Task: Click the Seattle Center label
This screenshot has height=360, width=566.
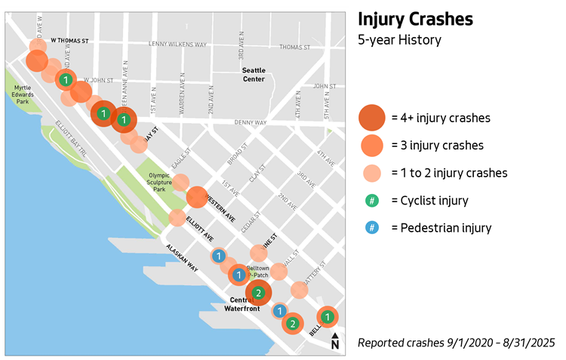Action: [254, 75]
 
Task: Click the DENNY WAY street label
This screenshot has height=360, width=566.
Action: [251, 122]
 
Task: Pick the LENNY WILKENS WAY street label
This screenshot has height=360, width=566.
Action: [178, 45]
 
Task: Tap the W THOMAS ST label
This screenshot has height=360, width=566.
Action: [70, 41]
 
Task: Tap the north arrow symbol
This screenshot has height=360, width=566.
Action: [335, 343]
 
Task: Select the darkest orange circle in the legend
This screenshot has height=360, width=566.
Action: [372, 118]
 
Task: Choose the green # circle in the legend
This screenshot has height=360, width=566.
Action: [372, 201]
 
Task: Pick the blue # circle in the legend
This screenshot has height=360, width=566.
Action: [372, 227]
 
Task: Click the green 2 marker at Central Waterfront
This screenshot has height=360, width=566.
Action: [258, 293]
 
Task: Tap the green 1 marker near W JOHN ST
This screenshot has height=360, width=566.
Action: [66, 80]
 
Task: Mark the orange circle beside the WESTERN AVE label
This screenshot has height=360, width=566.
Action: [196, 197]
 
